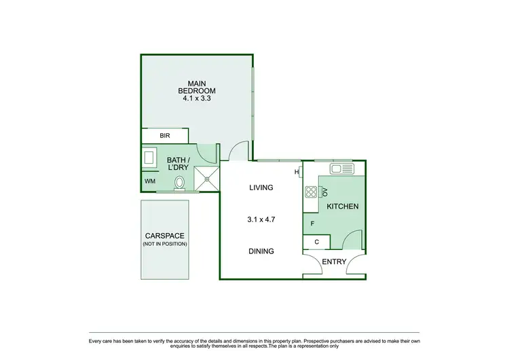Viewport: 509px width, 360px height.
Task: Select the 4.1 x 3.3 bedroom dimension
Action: pyautogui.click(x=197, y=98)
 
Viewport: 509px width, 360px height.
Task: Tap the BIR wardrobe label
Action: pyautogui.click(x=164, y=136)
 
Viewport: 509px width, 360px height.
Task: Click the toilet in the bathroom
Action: pyautogui.click(x=181, y=182)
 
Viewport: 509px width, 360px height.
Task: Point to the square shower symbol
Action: pyautogui.click(x=207, y=178)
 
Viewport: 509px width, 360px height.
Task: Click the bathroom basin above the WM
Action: pyautogui.click(x=149, y=158)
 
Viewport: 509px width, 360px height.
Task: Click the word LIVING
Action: pyautogui.click(x=261, y=188)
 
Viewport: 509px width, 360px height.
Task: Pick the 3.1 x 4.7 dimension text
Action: pyautogui.click(x=261, y=219)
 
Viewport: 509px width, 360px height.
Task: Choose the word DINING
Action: pyautogui.click(x=261, y=251)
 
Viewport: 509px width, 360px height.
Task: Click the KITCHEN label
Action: pyautogui.click(x=342, y=206)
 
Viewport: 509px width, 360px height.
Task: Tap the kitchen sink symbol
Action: pyautogui.click(x=341, y=168)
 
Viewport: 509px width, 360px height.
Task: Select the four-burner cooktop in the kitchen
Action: pyautogui.click(x=311, y=192)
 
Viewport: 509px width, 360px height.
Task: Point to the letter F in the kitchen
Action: pyautogui.click(x=312, y=223)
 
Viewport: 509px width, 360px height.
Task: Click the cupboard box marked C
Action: pyautogui.click(x=316, y=241)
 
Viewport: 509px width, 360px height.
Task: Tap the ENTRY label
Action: pyautogui.click(x=334, y=262)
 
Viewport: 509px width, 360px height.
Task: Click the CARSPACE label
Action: pyautogui.click(x=164, y=236)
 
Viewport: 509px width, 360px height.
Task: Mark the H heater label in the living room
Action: pyautogui.click(x=296, y=172)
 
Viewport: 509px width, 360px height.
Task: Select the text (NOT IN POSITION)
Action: pyautogui.click(x=164, y=244)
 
